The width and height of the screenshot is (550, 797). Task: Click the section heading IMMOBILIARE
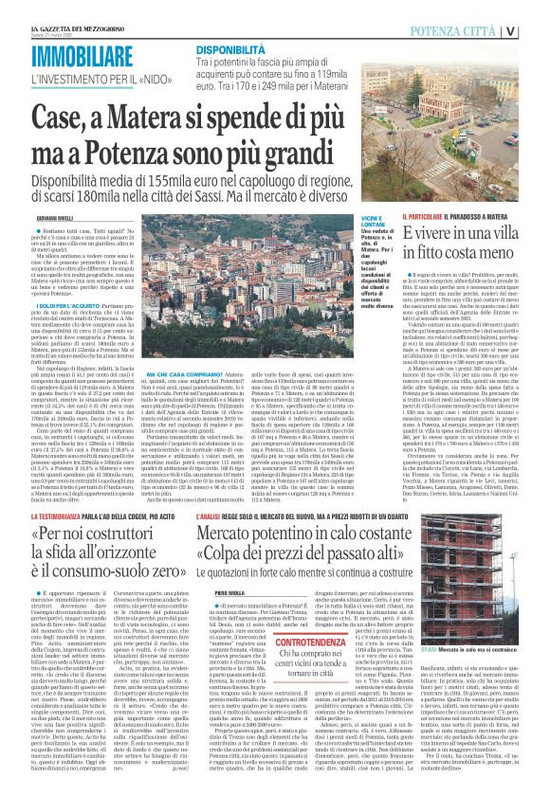(x=80, y=56)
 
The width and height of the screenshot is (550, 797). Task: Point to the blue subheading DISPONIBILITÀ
(x=230, y=46)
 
